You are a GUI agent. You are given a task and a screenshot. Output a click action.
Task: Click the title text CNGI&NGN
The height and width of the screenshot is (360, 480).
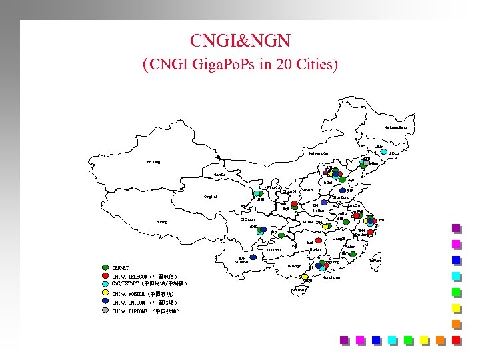(x=239, y=41)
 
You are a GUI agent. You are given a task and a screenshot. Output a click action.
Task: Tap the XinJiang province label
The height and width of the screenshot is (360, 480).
(x=153, y=162)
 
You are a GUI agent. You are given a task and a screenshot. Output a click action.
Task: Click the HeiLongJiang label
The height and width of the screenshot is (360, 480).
(x=395, y=127)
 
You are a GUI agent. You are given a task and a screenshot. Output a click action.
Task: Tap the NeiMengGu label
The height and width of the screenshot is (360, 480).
(x=318, y=153)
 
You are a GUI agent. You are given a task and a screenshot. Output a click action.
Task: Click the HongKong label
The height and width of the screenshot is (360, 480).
(x=331, y=277)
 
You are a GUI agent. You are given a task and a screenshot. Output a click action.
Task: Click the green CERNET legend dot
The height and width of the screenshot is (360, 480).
(x=105, y=268)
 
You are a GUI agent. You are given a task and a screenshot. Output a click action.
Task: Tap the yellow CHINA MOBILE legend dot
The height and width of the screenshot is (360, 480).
(x=105, y=293)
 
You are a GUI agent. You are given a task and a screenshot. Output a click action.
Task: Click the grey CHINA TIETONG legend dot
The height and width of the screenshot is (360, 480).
(x=105, y=310)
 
